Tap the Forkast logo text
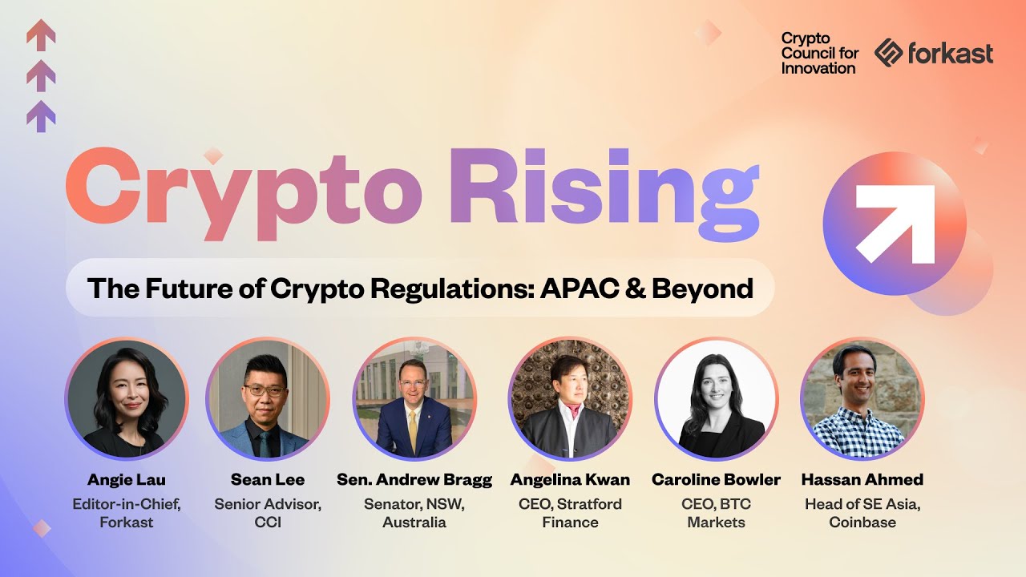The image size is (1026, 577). (950, 54)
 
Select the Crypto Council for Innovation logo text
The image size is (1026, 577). (819, 54)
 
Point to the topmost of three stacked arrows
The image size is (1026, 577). (41, 34)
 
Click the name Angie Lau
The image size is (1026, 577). (127, 480)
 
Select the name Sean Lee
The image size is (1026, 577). (268, 480)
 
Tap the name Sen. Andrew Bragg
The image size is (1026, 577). (414, 480)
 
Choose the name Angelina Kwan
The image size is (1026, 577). (570, 480)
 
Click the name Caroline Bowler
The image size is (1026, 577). (716, 480)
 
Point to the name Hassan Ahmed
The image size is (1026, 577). (862, 480)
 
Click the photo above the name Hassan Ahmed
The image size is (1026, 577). (862, 399)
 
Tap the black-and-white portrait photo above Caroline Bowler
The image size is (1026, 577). (716, 399)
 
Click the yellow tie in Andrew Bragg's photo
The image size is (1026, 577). (413, 429)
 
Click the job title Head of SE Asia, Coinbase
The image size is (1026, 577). (862, 514)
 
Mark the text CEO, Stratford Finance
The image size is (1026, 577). (570, 514)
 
